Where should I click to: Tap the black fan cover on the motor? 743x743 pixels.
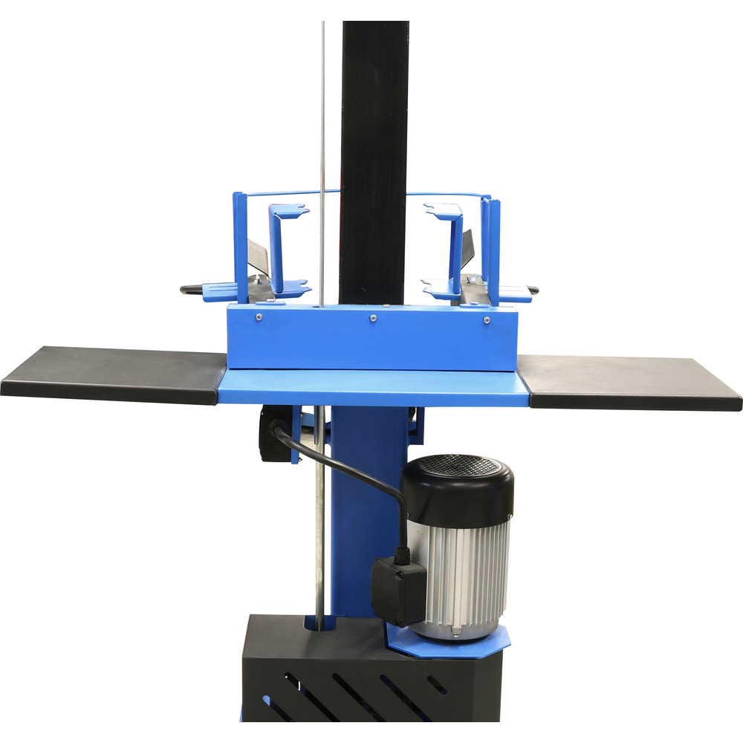(457, 487)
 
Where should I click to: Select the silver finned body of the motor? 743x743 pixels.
(464, 572)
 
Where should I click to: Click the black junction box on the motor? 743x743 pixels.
(398, 591)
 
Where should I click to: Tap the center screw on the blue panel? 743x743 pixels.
(373, 318)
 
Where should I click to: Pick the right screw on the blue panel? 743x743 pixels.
(486, 320)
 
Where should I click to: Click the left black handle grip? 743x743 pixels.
(192, 290)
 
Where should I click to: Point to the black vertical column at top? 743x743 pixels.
(374, 111)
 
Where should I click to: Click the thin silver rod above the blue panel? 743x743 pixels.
(322, 149)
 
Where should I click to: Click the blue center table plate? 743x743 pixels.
(371, 388)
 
